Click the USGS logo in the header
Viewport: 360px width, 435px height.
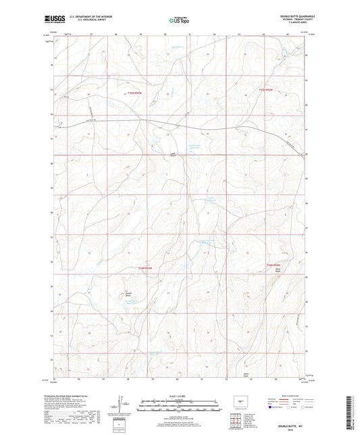pos(53,18)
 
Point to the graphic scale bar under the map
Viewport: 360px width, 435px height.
pos(180,407)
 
